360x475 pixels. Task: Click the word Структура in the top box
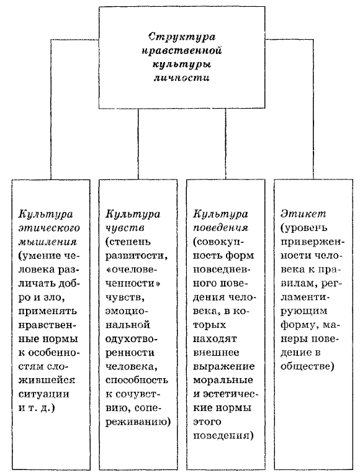(x=182, y=37)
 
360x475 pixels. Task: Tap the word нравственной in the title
(x=182, y=50)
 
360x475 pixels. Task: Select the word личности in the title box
(x=182, y=78)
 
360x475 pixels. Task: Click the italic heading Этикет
(x=303, y=214)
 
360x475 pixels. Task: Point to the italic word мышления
(x=48, y=242)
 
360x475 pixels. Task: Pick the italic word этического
(x=49, y=228)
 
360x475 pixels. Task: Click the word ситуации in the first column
(x=44, y=394)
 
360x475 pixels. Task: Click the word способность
(x=137, y=381)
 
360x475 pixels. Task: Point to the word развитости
(x=137, y=256)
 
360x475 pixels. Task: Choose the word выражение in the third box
(x=223, y=367)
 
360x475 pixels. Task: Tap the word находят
(x=215, y=339)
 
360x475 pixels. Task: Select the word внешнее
(x=216, y=353)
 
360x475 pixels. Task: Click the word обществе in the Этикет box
(x=307, y=367)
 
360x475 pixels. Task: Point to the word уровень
(x=304, y=228)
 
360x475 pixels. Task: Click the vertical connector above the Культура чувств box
(x=138, y=144)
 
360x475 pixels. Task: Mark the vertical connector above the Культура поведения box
(x=225, y=144)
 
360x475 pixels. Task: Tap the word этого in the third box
(x=207, y=422)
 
